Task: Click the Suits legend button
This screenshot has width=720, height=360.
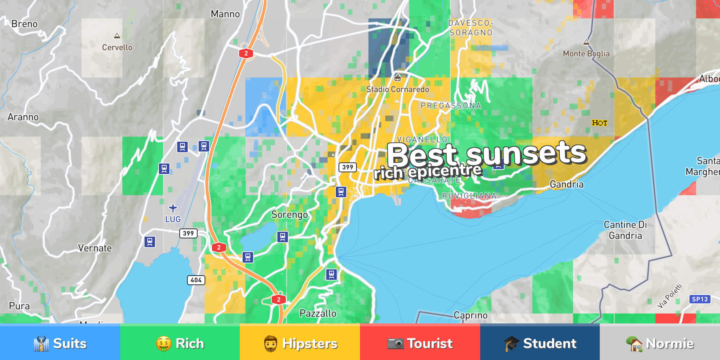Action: point(60,343)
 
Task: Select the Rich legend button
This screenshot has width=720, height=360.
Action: point(180,343)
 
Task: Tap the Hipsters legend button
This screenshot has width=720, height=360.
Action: point(300,343)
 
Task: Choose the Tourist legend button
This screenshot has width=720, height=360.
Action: point(420,343)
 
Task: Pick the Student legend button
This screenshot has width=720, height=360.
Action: point(540,343)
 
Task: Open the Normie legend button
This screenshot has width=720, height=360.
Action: point(660,343)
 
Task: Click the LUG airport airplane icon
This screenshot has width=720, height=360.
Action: point(173,208)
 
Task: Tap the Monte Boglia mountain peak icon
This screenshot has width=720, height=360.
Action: point(586,43)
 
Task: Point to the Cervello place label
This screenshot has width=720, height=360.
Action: point(117,47)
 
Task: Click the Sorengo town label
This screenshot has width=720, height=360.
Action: point(289,214)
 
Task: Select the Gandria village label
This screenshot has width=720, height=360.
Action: point(566,184)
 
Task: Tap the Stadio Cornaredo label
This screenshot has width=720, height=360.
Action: point(398,89)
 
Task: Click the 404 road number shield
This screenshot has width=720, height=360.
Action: point(196,280)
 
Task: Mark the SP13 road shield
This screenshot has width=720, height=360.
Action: point(700,299)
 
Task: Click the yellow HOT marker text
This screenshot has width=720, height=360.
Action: point(599,123)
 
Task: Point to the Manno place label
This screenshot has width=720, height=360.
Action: point(225,14)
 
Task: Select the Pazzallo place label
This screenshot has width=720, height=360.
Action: point(318,313)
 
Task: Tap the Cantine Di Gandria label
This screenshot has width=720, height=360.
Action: point(625,230)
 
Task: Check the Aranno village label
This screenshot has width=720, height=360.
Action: point(23,117)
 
